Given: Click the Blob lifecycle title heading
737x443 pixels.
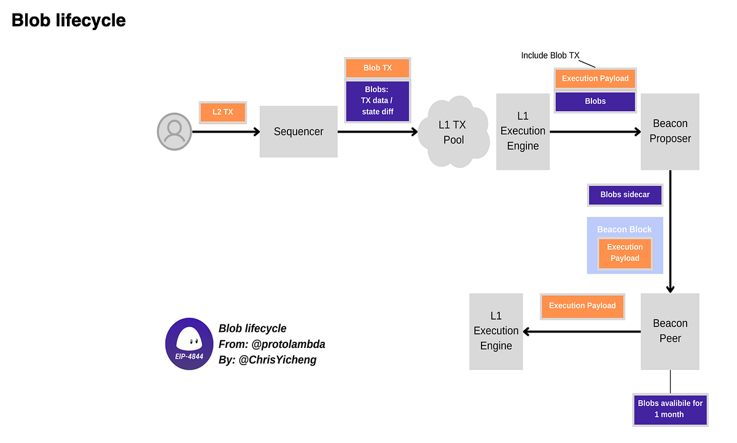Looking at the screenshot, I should [x=69, y=20].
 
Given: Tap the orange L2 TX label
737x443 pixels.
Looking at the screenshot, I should [x=222, y=112].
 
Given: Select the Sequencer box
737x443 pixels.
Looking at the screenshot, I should [x=298, y=131].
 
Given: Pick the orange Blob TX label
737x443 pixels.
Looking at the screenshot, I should [x=377, y=67].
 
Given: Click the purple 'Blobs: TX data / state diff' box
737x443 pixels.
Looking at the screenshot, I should [x=377, y=101].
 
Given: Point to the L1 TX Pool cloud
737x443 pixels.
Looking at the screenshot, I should [x=452, y=133].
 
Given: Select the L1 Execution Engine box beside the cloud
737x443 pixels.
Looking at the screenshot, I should [x=523, y=131].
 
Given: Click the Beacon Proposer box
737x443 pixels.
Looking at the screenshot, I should [x=670, y=131].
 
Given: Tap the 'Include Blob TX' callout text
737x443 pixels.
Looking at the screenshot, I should [x=550, y=55].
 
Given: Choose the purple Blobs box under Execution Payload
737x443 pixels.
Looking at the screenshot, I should [x=595, y=101].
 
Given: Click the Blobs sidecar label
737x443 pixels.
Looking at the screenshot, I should [x=625, y=195].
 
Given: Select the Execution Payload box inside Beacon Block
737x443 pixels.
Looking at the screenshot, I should [x=625, y=253].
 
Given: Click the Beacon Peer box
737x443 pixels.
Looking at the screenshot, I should [x=670, y=331].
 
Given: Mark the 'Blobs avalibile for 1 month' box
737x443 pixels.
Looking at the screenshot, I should [x=670, y=409].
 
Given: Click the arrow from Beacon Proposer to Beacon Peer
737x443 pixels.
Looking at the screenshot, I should [x=670, y=233].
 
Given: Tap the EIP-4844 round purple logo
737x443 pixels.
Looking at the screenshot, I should [x=189, y=344].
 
